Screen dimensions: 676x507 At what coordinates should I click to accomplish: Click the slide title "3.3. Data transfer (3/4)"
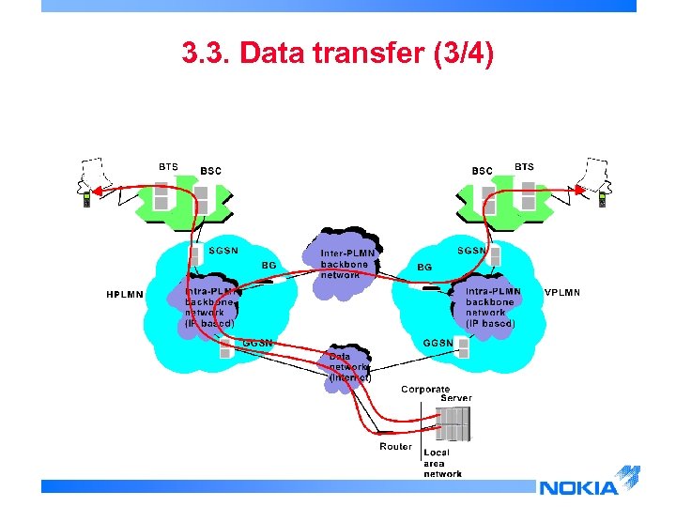(337, 54)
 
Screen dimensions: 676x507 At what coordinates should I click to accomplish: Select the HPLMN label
(124, 295)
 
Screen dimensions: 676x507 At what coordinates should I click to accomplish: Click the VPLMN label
(562, 293)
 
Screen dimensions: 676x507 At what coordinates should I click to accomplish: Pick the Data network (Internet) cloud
(348, 367)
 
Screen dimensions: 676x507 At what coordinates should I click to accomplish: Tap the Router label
(395, 447)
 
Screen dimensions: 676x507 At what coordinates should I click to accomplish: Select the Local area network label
(442, 463)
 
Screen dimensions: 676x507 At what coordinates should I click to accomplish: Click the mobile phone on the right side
(602, 199)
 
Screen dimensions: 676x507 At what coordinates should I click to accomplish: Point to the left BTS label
(167, 167)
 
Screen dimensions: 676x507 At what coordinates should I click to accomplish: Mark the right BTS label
(524, 167)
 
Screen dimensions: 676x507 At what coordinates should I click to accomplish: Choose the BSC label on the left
(211, 172)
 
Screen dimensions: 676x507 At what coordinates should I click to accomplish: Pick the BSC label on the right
(482, 171)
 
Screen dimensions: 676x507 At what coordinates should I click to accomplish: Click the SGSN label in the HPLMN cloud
(223, 251)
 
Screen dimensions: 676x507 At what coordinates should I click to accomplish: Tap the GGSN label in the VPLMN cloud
(438, 343)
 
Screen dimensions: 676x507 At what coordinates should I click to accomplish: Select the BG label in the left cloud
(269, 266)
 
